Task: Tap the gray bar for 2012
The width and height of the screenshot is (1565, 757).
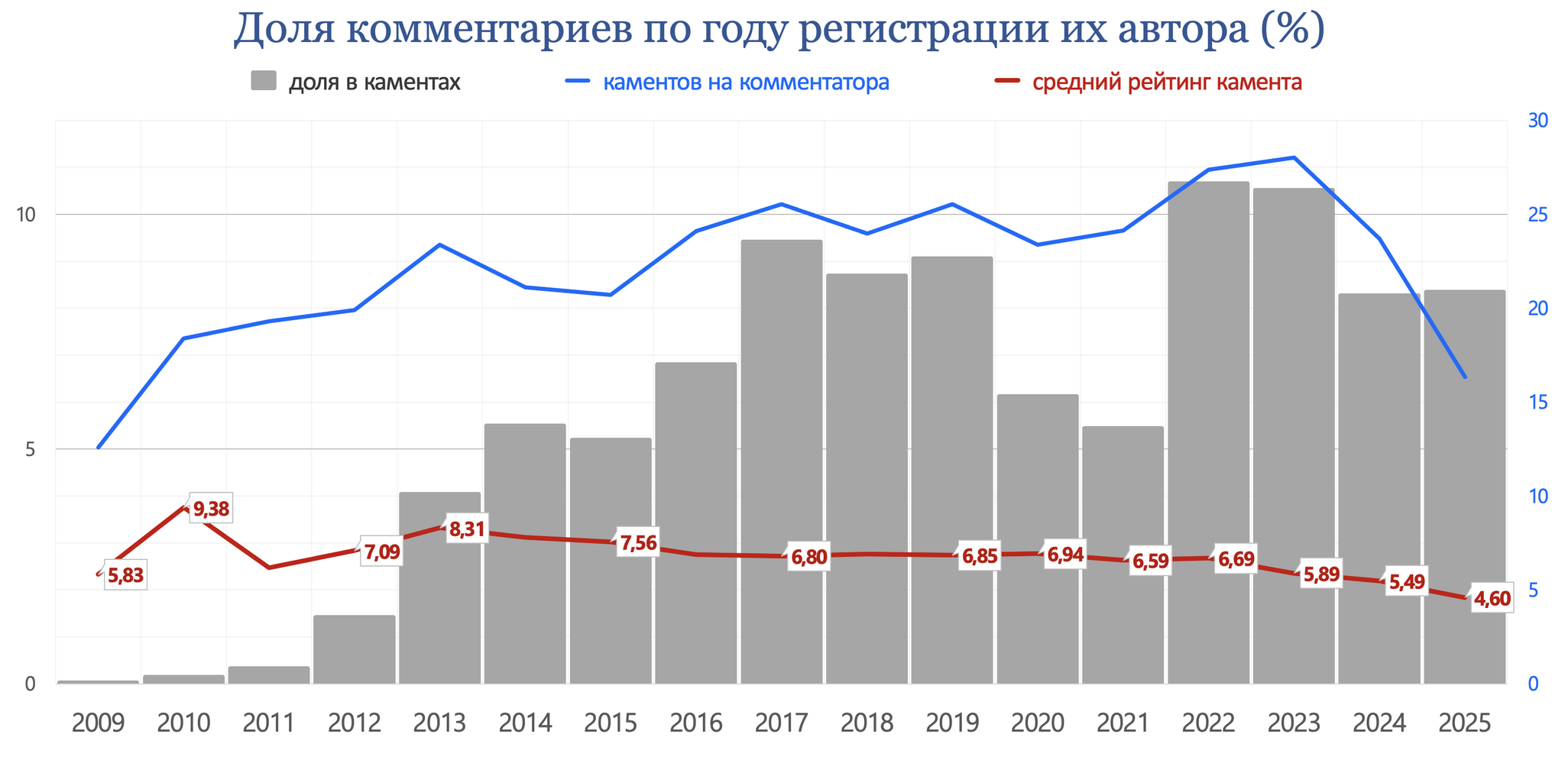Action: tap(354, 649)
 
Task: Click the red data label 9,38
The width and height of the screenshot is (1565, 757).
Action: tap(210, 509)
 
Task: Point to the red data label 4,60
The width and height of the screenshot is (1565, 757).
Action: tap(1492, 599)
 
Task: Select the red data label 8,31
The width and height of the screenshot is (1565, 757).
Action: tap(466, 529)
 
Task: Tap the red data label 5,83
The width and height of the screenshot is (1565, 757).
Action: tap(125, 576)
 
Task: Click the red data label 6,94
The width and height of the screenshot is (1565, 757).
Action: tap(1064, 555)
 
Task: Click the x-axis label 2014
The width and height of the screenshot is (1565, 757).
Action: tap(525, 723)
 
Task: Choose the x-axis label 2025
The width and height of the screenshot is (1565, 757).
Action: tap(1464, 723)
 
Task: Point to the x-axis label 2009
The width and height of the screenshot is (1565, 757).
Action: tap(98, 723)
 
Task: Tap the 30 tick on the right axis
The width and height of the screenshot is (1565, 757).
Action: tap(1537, 121)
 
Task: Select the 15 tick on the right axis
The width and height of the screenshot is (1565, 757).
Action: tap(1537, 403)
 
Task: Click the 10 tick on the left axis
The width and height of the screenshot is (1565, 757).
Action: tap(27, 215)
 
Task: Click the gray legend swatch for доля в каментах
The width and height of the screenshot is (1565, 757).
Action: tap(263, 81)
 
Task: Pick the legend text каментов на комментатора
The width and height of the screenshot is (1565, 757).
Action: tap(746, 82)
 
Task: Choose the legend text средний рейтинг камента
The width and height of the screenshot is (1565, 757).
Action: tap(1167, 82)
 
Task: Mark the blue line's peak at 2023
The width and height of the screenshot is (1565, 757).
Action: tap(1293, 157)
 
